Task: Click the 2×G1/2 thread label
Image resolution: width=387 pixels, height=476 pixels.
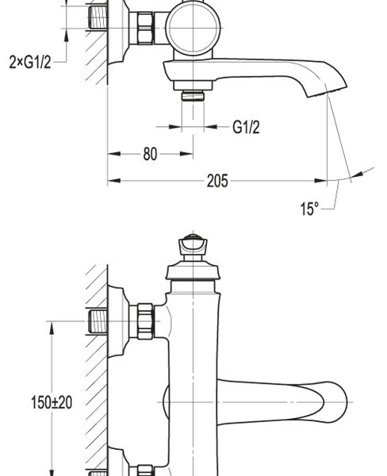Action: [x=30, y=62]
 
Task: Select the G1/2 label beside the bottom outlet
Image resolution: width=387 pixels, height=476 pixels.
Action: [x=246, y=127]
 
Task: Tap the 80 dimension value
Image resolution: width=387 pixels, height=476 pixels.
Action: [x=150, y=154]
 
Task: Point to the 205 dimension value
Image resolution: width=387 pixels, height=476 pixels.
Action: [x=217, y=181]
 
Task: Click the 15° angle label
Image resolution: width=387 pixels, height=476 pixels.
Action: [x=309, y=209]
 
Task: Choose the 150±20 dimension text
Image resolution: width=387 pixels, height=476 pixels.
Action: [x=52, y=402]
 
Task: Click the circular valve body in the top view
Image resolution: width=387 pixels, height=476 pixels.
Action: [x=193, y=28]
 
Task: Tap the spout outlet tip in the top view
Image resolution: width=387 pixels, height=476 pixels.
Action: [x=328, y=90]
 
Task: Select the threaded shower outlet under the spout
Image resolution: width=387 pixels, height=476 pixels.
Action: [x=193, y=96]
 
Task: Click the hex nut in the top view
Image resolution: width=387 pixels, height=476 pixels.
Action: [x=145, y=28]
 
